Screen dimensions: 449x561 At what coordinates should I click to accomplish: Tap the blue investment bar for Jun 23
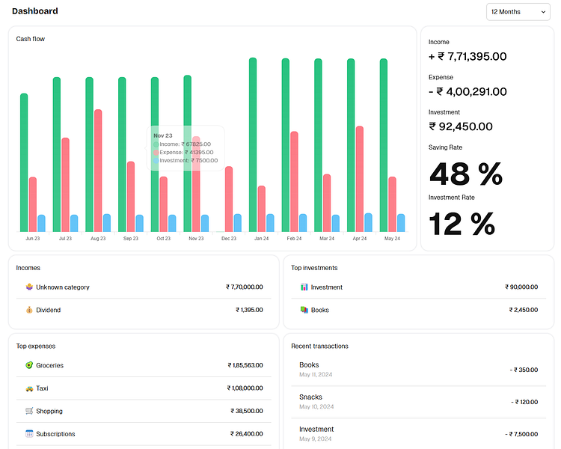tap(41, 223)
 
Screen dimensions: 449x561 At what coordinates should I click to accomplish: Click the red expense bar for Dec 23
tap(229, 198)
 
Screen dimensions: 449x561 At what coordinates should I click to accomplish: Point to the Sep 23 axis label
tap(130, 239)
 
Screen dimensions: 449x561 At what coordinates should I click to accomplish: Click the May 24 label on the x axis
tap(392, 239)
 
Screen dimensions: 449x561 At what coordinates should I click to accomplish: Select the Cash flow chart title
tap(31, 39)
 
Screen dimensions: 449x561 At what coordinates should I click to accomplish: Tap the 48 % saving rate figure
tap(465, 174)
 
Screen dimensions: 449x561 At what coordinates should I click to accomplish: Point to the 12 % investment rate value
tap(462, 224)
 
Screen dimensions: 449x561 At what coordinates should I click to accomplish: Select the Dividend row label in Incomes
tap(49, 310)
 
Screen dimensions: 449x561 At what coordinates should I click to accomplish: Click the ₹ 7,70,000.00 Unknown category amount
tap(244, 287)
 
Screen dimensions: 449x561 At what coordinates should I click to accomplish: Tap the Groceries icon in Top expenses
tap(29, 365)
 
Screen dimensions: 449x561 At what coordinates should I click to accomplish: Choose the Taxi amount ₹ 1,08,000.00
tap(245, 388)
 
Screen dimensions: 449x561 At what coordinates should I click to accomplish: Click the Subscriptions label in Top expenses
tap(55, 434)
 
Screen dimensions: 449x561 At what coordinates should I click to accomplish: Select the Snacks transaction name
tap(310, 397)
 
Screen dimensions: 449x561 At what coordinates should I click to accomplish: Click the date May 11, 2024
tap(316, 374)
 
